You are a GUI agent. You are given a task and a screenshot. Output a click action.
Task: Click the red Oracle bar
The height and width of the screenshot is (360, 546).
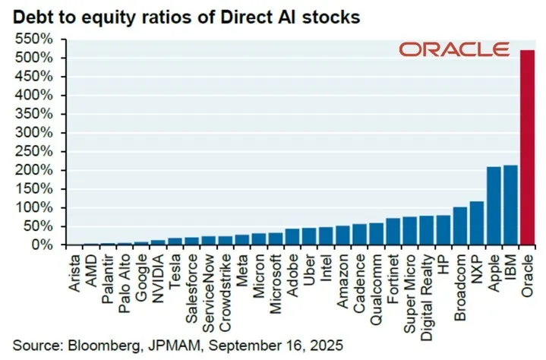coord(527,147)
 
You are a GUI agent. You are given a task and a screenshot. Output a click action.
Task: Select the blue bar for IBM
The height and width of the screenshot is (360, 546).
coord(510,205)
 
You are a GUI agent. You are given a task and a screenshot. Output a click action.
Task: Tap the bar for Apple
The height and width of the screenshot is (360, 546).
coord(494,206)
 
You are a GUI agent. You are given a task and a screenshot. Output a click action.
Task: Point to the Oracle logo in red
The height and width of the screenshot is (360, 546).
coord(454,50)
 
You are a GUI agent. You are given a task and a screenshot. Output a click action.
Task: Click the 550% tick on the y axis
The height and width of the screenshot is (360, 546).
coord(33,39)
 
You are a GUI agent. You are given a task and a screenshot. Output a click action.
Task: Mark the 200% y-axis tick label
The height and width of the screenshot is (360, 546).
coord(33,170)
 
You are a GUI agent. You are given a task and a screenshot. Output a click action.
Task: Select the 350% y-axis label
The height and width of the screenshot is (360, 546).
coord(33,114)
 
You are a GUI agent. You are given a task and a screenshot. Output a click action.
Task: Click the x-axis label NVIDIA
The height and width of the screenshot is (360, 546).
coord(159,277)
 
